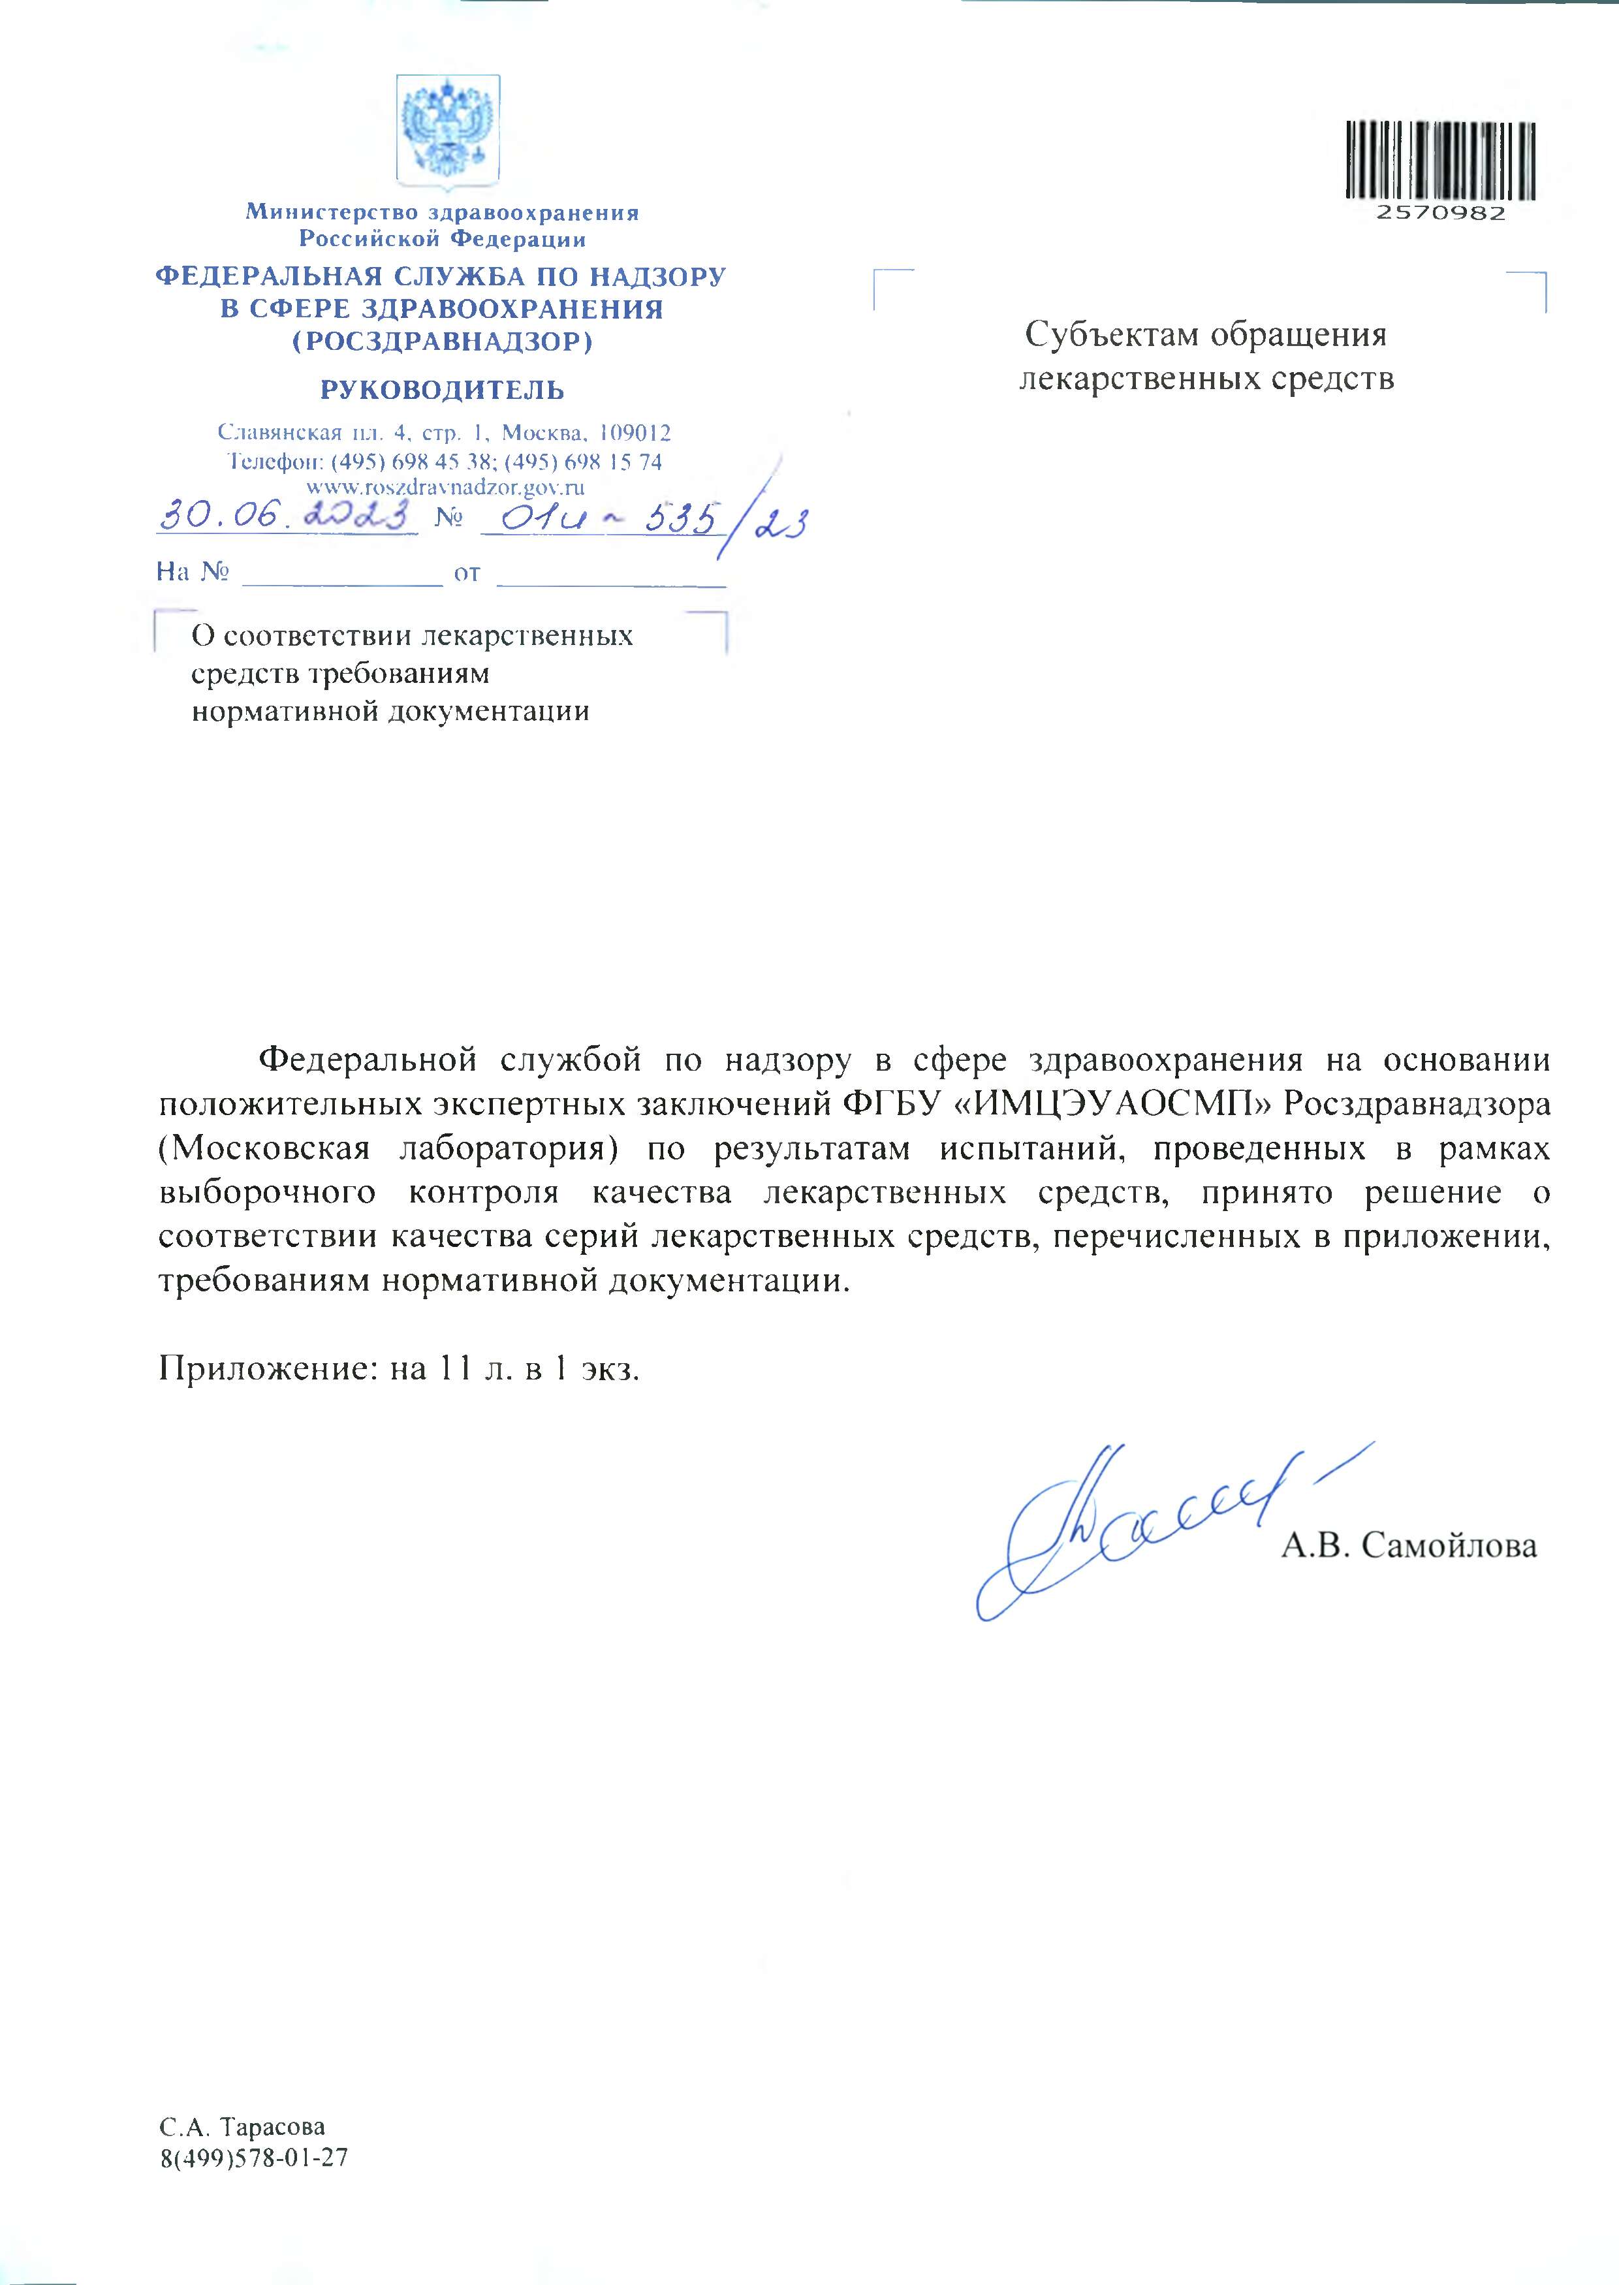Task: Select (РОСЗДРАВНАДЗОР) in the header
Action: (442, 342)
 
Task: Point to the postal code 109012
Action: (636, 433)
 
